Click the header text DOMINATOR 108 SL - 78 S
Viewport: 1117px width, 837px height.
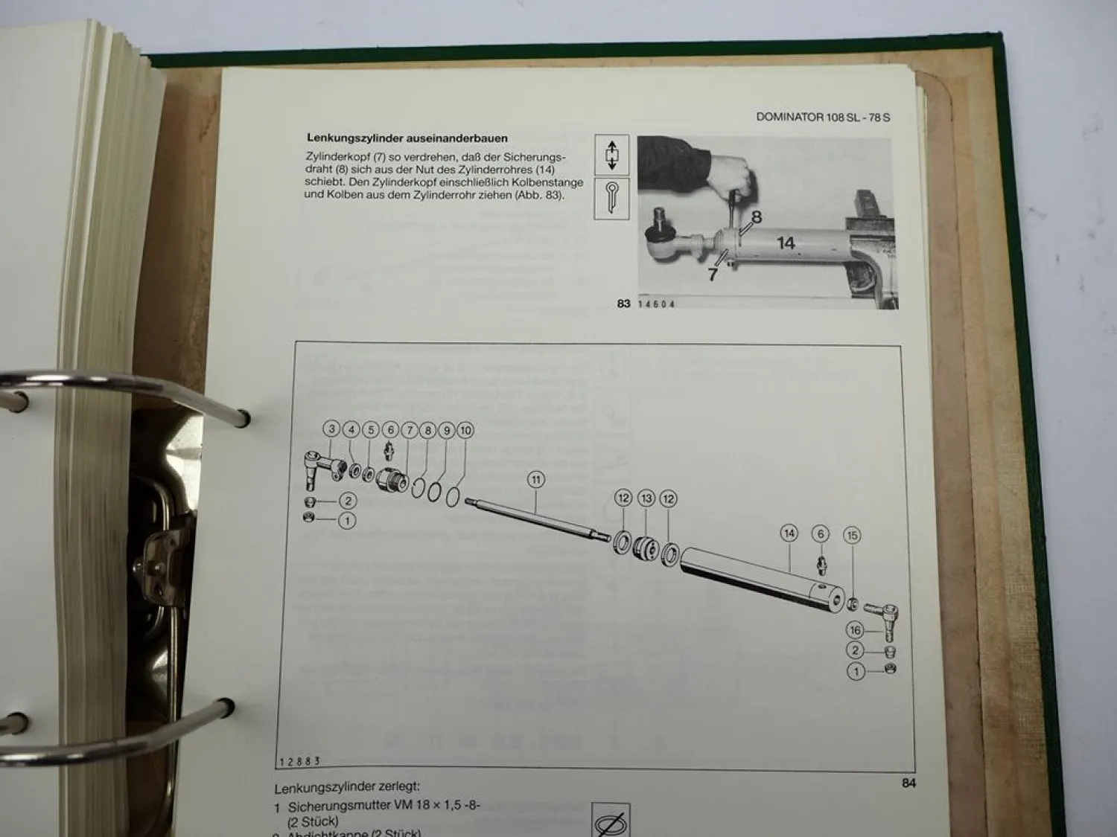(x=823, y=117)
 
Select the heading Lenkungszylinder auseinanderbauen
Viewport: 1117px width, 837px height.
(x=407, y=138)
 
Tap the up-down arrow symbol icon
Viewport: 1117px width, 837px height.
(x=611, y=155)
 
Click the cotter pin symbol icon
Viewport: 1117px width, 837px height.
(x=611, y=198)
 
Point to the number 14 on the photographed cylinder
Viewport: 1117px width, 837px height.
(x=786, y=243)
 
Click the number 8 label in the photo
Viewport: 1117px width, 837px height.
(x=756, y=217)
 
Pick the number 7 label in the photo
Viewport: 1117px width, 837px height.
(x=713, y=274)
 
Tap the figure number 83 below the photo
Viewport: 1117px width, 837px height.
(x=623, y=304)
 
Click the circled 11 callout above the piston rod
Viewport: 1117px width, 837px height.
(x=535, y=480)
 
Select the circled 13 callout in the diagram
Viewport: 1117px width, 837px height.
(x=646, y=498)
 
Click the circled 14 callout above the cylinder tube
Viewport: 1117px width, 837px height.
(x=789, y=533)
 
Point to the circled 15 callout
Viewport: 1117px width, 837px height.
(x=853, y=535)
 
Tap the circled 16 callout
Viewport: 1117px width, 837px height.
(x=855, y=630)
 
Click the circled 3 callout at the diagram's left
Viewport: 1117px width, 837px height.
(x=332, y=429)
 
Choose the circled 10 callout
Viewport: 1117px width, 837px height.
(x=465, y=430)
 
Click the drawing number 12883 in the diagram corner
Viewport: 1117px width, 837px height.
(x=299, y=761)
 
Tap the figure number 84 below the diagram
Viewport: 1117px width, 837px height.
(x=908, y=783)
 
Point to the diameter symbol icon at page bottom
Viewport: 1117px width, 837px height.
(x=611, y=822)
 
